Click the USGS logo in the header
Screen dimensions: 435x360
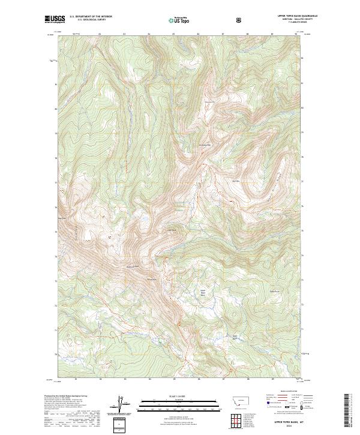click(x=55, y=19)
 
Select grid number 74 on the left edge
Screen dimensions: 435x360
click(x=55, y=256)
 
